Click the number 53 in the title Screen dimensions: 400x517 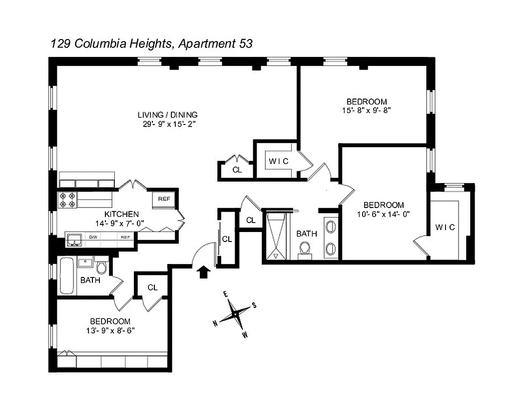tap(243, 43)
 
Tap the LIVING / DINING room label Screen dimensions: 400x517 tap(168, 114)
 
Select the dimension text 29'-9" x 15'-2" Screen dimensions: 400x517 tap(168, 124)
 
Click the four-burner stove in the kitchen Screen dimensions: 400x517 tap(67, 200)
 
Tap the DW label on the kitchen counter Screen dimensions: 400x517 tap(93, 237)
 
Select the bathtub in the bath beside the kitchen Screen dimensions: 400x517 tap(67, 275)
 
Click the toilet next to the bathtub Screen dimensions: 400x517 tap(101, 266)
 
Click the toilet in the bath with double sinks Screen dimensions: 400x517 tap(305, 248)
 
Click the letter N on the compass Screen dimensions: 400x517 tap(215, 323)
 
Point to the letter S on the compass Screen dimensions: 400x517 tap(254, 305)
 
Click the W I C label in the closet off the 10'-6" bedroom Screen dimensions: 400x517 tap(445, 227)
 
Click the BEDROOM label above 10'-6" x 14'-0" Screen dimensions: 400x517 tap(384, 205)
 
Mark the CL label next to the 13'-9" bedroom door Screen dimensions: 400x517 tap(153, 287)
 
